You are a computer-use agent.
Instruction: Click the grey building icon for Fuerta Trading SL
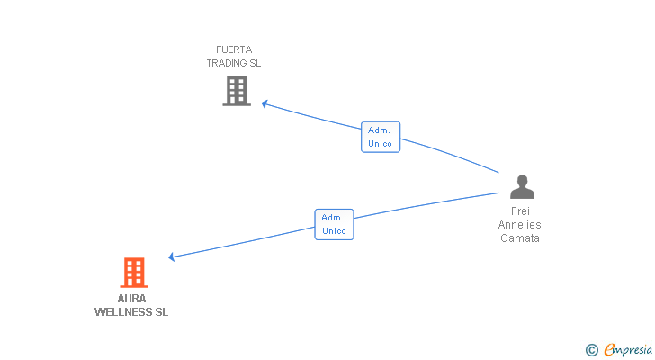click(237, 91)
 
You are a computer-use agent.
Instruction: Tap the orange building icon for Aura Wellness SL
click(133, 273)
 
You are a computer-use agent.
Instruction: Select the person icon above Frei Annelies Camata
click(522, 187)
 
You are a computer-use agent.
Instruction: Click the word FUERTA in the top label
click(234, 49)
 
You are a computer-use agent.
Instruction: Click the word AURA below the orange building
click(131, 299)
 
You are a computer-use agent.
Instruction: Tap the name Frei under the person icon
click(520, 211)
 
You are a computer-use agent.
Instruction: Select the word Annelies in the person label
click(520, 225)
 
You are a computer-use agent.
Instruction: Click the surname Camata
click(520, 238)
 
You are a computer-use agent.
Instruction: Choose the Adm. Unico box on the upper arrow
click(381, 137)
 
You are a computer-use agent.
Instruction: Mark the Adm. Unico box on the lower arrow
click(334, 224)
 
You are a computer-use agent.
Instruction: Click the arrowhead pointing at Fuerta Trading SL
click(265, 103)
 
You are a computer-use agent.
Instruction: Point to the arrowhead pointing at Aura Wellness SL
click(172, 257)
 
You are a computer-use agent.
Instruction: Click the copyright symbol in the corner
click(591, 350)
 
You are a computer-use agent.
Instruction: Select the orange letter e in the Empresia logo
click(609, 350)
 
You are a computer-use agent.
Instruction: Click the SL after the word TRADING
click(255, 63)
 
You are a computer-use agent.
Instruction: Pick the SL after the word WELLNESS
click(161, 312)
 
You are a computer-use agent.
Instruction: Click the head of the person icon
click(522, 180)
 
